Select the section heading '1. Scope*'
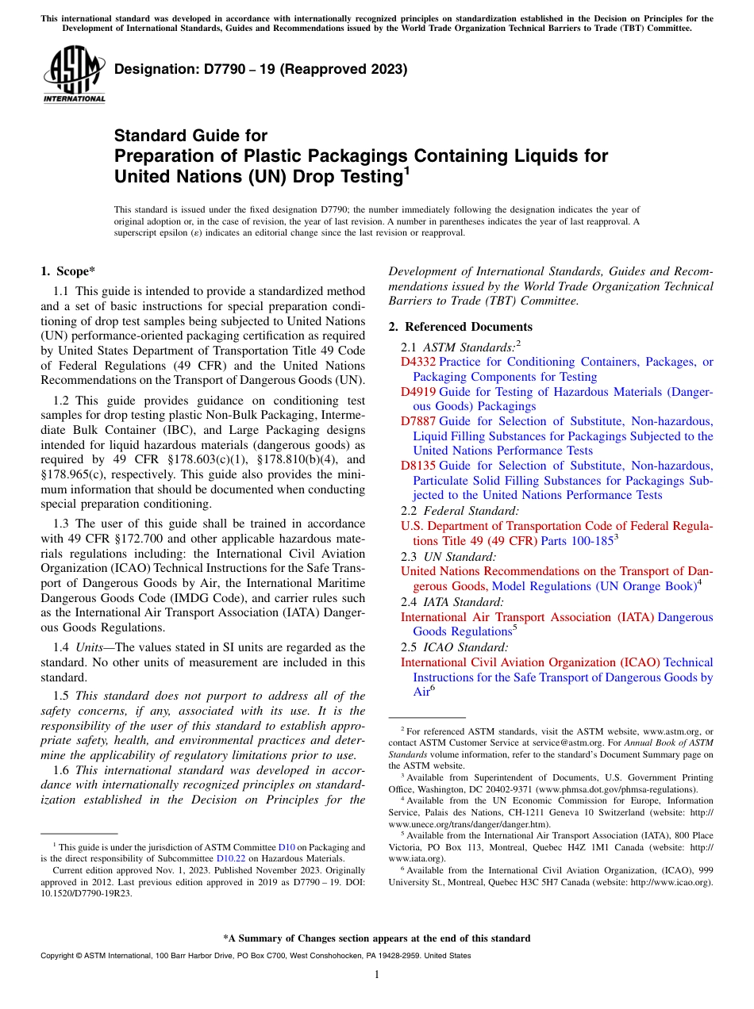[x=67, y=271]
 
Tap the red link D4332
[x=417, y=362]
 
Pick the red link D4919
[x=417, y=392]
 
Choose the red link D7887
[x=417, y=422]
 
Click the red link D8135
[x=417, y=466]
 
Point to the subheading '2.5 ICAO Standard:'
[x=455, y=647]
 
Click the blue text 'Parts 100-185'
[x=577, y=541]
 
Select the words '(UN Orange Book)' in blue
[x=647, y=586]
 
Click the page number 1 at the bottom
[x=377, y=975]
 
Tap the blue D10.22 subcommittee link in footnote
[x=230, y=858]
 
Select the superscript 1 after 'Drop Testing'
[x=406, y=170]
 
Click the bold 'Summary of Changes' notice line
[x=377, y=938]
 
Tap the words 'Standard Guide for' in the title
[x=190, y=136]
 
